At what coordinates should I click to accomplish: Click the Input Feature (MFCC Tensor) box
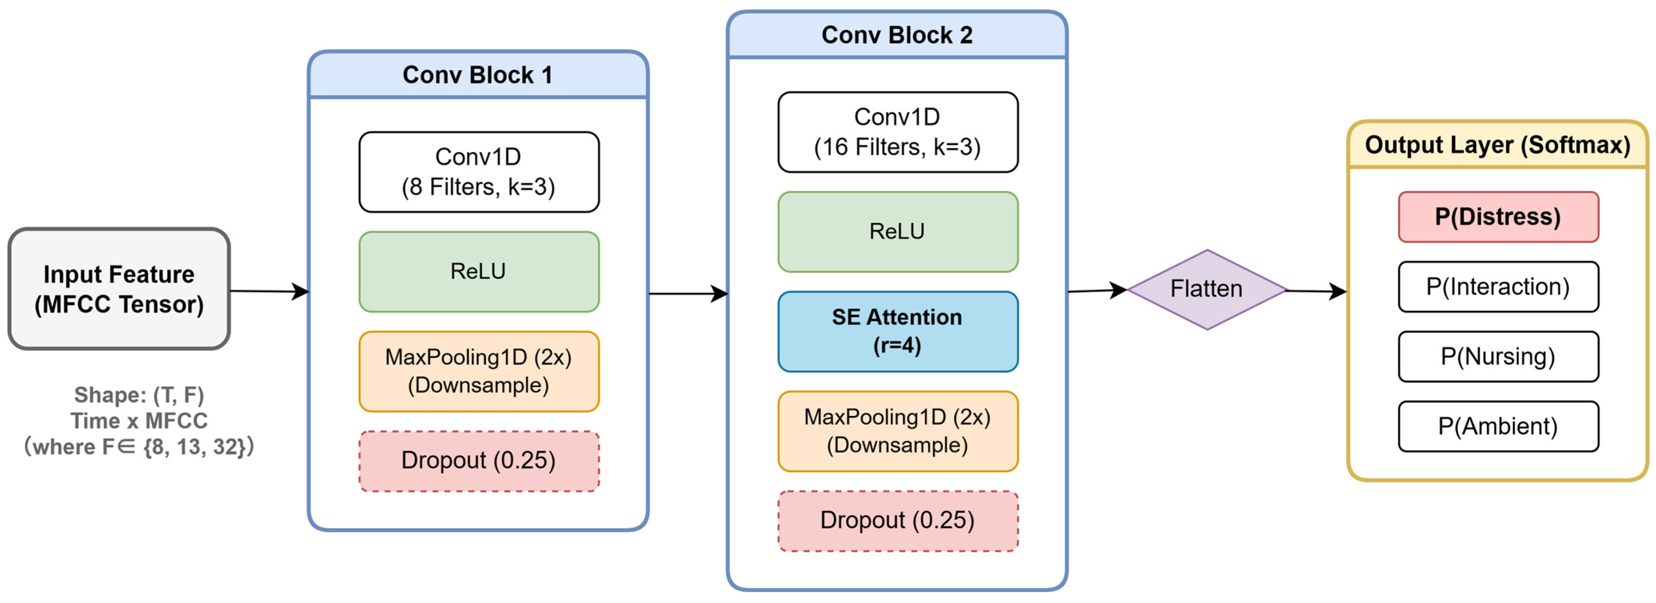point(119,288)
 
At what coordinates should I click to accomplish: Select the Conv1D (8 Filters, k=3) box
point(479,172)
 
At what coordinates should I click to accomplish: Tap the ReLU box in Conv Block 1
point(479,271)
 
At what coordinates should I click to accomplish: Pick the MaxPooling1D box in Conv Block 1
point(479,371)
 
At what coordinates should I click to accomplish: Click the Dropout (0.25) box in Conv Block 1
point(479,461)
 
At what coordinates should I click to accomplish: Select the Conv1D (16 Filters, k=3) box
point(898,132)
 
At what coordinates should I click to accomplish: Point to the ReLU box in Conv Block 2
point(898,231)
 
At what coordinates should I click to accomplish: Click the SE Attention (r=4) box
point(898,331)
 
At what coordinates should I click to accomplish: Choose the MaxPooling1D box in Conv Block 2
point(898,431)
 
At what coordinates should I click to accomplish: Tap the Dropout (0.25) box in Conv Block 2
point(898,521)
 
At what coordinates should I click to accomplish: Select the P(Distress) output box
point(1498,217)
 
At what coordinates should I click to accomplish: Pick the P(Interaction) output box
point(1498,287)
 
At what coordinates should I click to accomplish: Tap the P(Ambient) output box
point(1498,426)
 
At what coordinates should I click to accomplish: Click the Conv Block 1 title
point(478,75)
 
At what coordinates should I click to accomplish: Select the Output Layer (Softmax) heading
point(1498,145)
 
